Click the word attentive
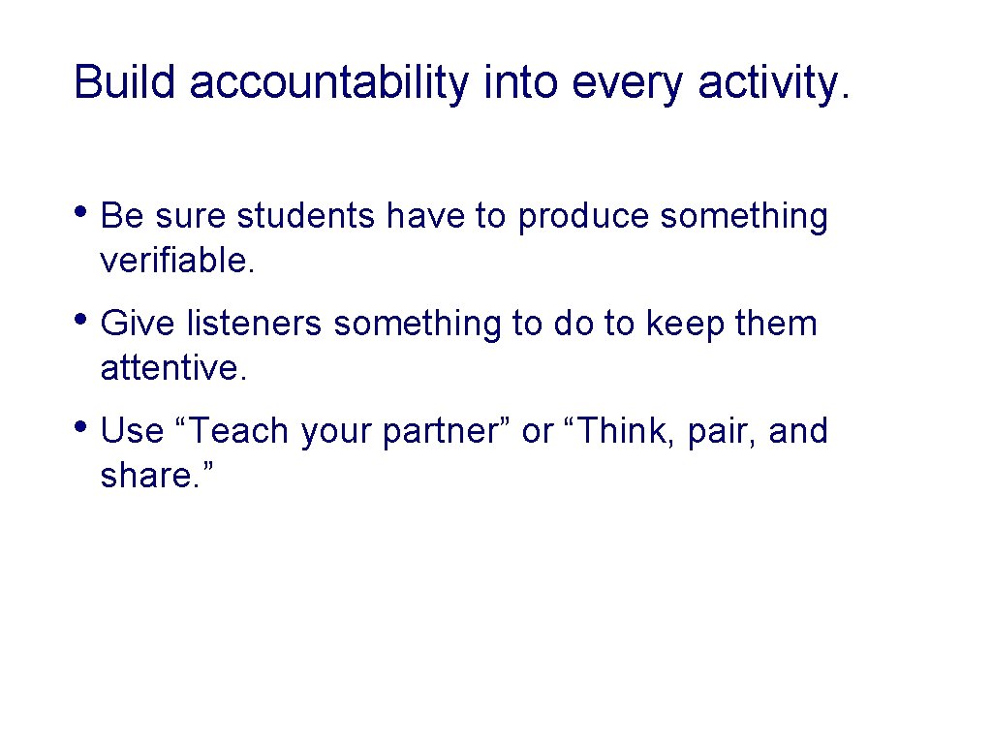click(x=173, y=369)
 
